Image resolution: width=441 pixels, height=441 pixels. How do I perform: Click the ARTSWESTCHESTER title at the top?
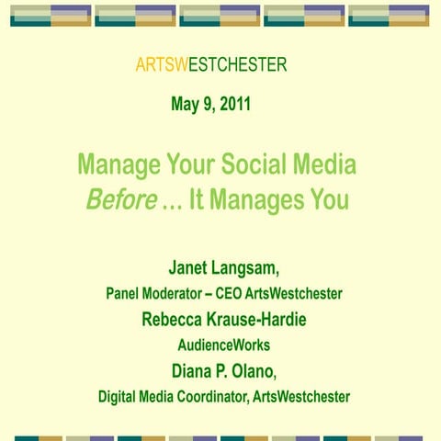click(x=210, y=64)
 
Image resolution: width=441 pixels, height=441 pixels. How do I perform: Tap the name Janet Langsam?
click(x=222, y=267)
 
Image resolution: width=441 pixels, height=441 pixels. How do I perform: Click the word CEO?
click(x=235, y=294)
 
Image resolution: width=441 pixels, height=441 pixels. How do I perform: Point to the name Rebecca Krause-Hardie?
click(x=223, y=320)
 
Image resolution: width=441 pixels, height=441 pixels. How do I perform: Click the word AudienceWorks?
click(x=223, y=346)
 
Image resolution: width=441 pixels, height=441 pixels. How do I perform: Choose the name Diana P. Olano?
click(x=222, y=372)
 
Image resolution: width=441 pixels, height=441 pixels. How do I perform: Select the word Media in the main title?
click(x=322, y=166)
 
